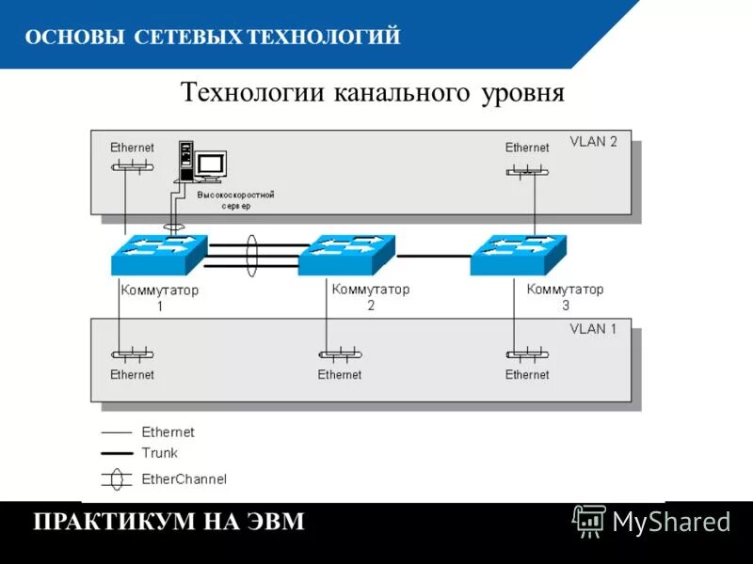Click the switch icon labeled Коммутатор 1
coord(158,255)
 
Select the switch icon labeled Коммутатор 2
coord(346,255)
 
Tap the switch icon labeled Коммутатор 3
coord(519,255)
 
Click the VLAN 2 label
coord(593,142)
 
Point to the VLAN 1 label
coord(593,329)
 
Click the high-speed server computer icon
coord(201,163)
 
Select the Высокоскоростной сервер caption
coord(235,199)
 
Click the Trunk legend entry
coord(159,453)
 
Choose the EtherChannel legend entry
coord(184,478)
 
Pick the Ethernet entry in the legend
coord(168,432)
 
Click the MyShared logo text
coord(671,520)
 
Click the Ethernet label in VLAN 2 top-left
coord(132,148)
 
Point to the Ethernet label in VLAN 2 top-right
coord(527,148)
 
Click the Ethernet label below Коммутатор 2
coord(339,374)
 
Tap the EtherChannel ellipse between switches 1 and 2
coord(251,254)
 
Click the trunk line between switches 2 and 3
coord(433,255)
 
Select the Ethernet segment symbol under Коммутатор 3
coord(527,355)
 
